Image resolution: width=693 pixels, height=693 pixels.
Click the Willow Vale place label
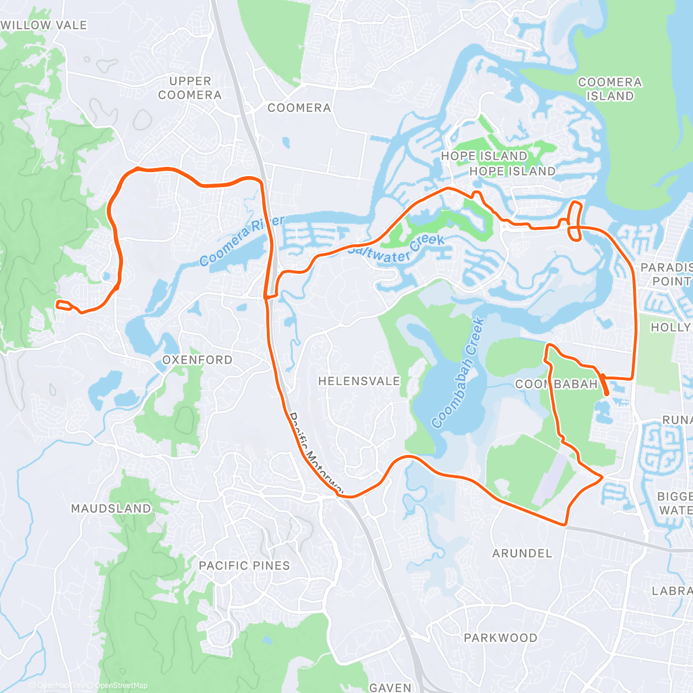tap(44, 25)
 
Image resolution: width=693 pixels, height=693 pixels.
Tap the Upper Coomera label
tap(190, 88)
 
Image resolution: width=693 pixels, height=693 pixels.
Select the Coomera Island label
tap(610, 90)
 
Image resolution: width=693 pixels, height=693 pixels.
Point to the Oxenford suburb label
tap(198, 360)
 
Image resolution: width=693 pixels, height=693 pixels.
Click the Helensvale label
tap(359, 381)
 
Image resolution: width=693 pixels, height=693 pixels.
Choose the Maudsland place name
tap(111, 509)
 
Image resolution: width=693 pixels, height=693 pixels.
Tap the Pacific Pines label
tap(244, 566)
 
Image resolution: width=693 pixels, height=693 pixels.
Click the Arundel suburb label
tap(522, 553)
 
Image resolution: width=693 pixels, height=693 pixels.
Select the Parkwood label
tap(501, 638)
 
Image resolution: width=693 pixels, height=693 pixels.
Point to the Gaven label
tap(390, 687)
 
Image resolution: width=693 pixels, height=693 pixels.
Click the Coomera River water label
tap(242, 241)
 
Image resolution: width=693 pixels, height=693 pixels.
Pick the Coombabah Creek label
tap(457, 374)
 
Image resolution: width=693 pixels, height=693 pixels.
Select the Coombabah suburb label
tap(556, 384)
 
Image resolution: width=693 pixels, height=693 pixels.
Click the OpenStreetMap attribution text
tap(121, 685)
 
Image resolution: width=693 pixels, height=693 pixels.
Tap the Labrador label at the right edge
tap(672, 591)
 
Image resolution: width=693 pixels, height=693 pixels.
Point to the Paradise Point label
tap(667, 274)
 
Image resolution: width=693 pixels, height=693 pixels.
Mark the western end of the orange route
tap(57, 303)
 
